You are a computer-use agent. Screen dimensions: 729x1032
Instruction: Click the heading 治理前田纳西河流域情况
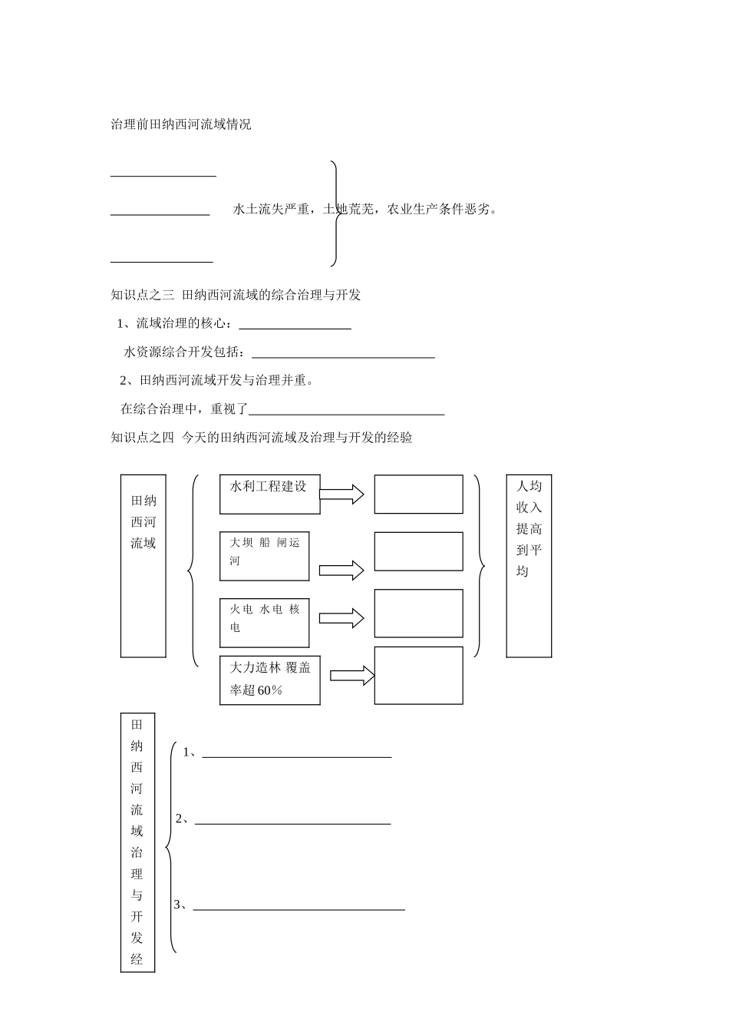tap(181, 124)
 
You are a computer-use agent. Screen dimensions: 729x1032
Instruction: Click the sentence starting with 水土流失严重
tap(364, 209)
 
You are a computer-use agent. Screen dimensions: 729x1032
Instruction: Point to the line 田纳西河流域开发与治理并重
tap(217, 380)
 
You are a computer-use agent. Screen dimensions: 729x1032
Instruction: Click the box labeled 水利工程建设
tap(269, 494)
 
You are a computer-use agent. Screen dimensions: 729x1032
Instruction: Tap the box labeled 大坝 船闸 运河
tap(264, 555)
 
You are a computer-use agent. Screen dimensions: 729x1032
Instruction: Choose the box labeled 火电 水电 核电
tap(264, 622)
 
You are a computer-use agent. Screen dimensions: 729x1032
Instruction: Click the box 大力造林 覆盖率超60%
tap(269, 680)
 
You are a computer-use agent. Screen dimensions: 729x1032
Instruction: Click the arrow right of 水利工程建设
tap(341, 495)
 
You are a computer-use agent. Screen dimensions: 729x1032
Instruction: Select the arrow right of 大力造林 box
tap(352, 676)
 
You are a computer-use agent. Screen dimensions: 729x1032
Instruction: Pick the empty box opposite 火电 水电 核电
tap(418, 613)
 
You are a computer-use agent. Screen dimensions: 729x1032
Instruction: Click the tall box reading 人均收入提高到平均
tap(529, 565)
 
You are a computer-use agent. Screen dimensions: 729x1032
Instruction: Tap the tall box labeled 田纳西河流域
tap(143, 565)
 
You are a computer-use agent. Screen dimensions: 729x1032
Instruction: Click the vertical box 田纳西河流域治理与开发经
tap(137, 842)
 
